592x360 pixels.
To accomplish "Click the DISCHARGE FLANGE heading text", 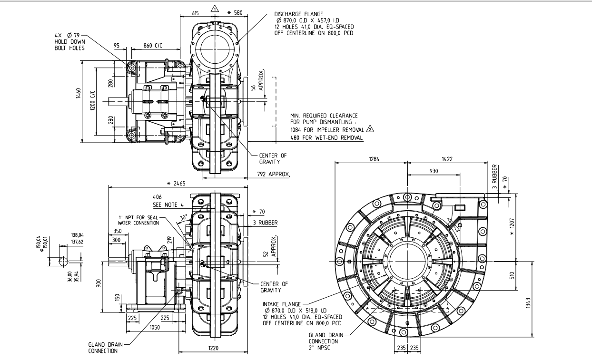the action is [x=299, y=14].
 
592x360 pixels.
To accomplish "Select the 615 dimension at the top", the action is [x=195, y=13].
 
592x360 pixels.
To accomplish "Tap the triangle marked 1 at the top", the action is [x=215, y=9].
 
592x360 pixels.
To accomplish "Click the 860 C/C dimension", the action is [x=153, y=46].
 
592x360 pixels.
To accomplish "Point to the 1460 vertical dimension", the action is [x=79, y=94].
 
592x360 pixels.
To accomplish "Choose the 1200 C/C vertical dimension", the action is [x=92, y=101].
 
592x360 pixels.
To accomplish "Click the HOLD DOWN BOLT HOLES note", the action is [x=70, y=45].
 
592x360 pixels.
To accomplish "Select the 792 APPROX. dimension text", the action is [x=274, y=174].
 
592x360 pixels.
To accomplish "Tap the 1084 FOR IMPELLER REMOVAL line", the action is [x=327, y=130].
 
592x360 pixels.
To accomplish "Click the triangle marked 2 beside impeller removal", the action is [x=370, y=129].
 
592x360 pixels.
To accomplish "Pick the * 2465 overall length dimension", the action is [x=177, y=183].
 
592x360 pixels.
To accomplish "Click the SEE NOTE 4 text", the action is [x=168, y=204].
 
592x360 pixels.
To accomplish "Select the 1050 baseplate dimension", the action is [x=155, y=327].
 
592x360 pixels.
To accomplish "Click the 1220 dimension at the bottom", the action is [x=213, y=348].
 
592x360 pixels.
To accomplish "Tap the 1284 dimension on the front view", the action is [x=374, y=159].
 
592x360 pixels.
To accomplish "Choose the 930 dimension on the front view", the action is [x=434, y=171].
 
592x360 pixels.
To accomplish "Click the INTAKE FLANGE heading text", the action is [x=282, y=304].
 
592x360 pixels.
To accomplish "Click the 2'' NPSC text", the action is [x=319, y=348].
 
